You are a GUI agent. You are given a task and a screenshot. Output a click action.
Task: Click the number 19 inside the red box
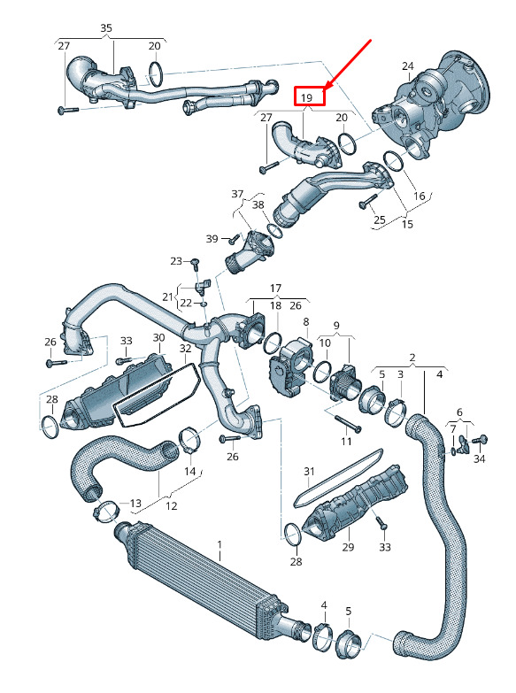306,97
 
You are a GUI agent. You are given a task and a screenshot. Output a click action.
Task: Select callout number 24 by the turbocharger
408,66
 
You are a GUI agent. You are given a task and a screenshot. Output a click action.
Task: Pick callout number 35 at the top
106,28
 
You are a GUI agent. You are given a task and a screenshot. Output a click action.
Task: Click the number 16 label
419,196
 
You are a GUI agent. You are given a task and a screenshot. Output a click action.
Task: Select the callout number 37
237,194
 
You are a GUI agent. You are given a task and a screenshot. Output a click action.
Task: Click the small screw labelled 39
233,241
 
